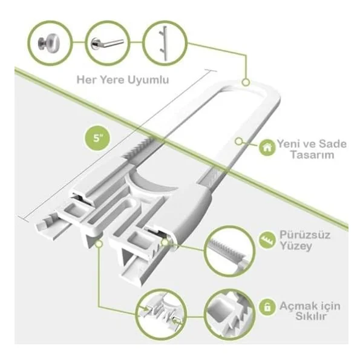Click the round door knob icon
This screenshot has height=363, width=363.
pyautogui.click(x=49, y=42)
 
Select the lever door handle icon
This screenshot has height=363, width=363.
pyautogui.click(x=107, y=44)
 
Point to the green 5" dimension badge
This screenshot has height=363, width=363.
pyautogui.click(x=97, y=138)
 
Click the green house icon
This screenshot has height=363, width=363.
pyautogui.click(x=267, y=148)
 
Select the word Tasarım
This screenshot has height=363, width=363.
pyautogui.click(x=312, y=155)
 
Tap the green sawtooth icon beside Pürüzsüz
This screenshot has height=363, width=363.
pyautogui.click(x=267, y=240)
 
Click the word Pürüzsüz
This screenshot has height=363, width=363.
pyautogui.click(x=305, y=235)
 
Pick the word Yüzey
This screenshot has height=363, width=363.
pyautogui.click(x=296, y=246)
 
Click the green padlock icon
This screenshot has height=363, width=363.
pyautogui.click(x=267, y=307)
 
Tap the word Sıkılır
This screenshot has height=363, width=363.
pyautogui.click(x=311, y=316)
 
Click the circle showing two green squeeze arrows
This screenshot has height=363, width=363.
pyautogui.click(x=162, y=315)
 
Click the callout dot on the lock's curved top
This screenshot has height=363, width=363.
pyautogui.click(x=246, y=82)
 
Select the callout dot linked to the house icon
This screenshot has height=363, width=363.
pyautogui.click(x=238, y=141)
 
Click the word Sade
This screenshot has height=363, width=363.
pyautogui.click(x=333, y=144)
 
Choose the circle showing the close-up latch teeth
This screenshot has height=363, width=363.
pyautogui.click(x=229, y=315)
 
